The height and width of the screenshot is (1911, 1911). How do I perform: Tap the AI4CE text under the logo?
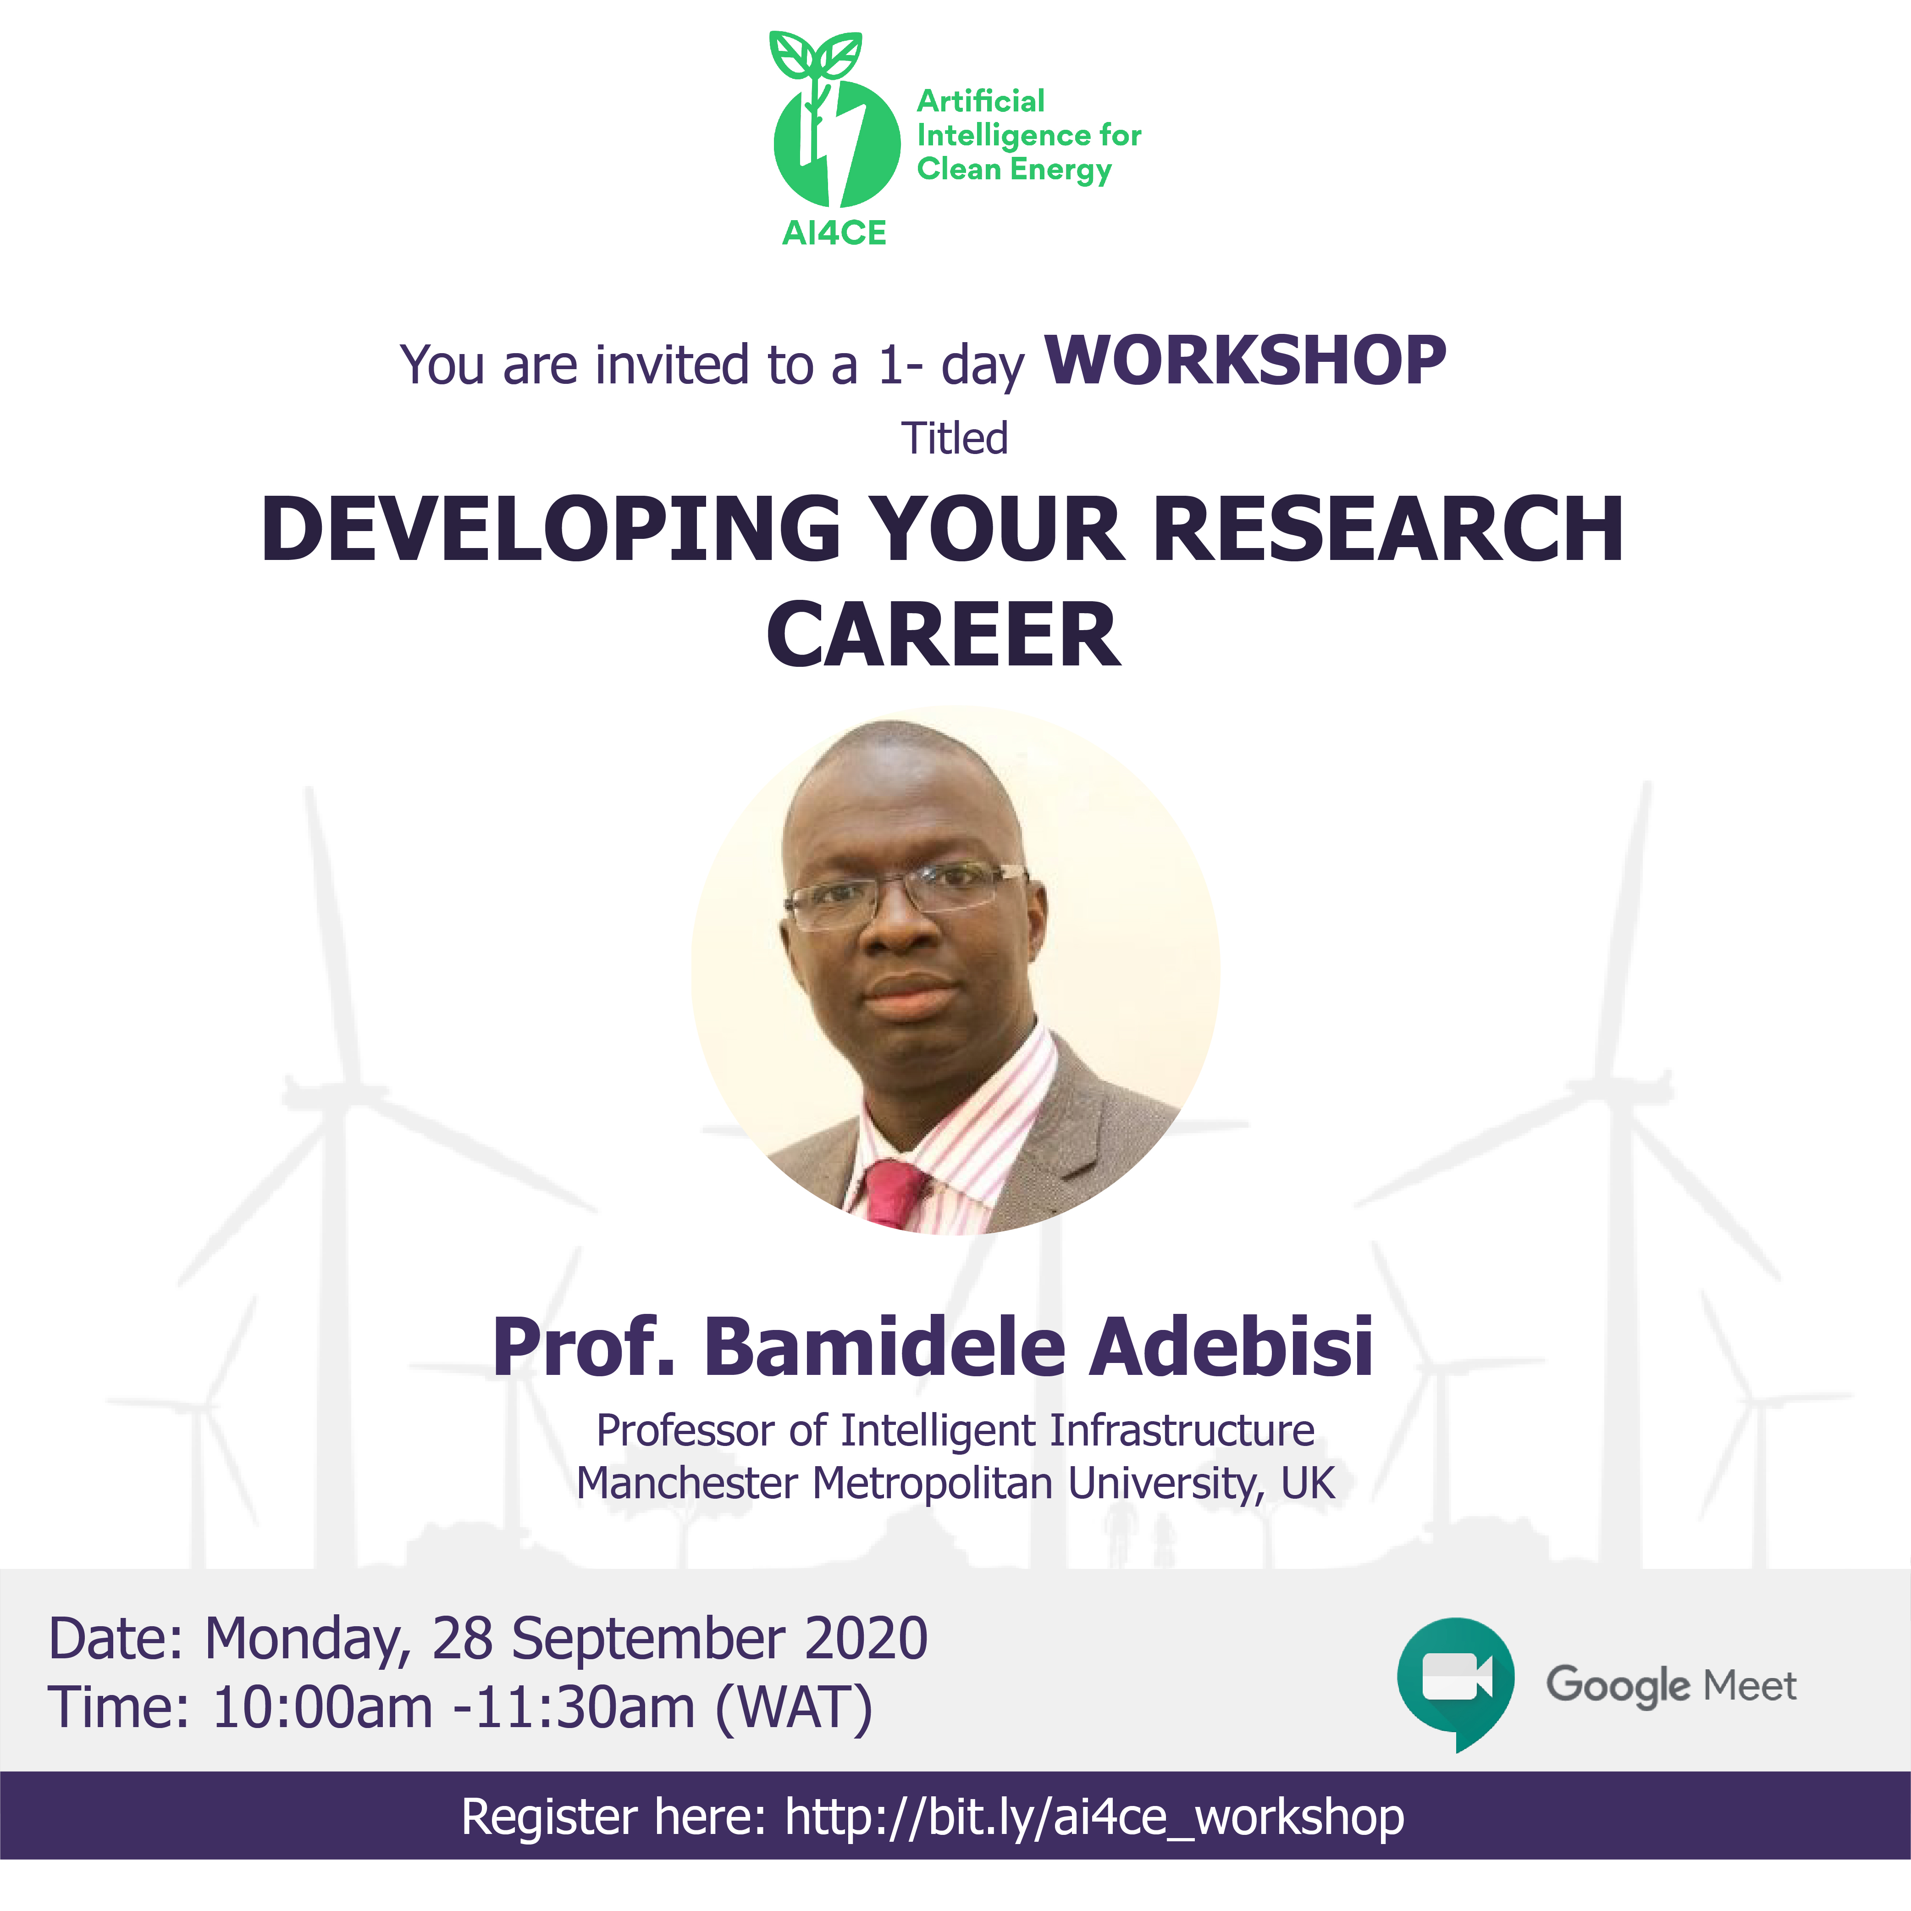pyautogui.click(x=834, y=233)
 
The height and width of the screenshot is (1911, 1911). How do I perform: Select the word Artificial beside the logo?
pyautogui.click(x=980, y=101)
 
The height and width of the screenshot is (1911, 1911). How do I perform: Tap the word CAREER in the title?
pyautogui.click(x=944, y=635)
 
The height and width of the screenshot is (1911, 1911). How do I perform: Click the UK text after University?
pyautogui.click(x=1308, y=1484)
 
